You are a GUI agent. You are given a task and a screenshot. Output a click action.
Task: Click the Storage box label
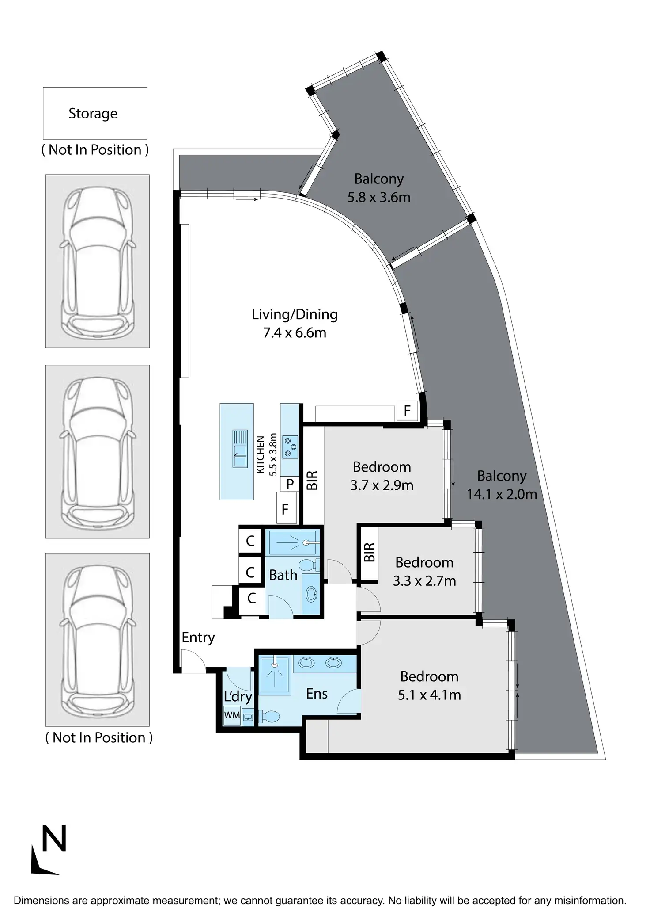[93, 114]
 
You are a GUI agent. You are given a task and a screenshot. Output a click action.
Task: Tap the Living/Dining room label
[295, 314]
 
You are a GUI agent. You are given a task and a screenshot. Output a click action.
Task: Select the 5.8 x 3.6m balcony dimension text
[379, 197]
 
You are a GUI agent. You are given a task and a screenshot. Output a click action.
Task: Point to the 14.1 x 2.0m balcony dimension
[502, 494]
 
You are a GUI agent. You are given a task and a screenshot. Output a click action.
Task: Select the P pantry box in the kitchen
[290, 484]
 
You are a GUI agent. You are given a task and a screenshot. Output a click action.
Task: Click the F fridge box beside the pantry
[285, 510]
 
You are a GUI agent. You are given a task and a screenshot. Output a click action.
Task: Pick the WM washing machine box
[232, 715]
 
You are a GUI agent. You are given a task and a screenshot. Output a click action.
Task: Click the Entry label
[198, 638]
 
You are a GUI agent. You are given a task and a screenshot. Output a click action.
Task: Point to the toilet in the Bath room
[307, 565]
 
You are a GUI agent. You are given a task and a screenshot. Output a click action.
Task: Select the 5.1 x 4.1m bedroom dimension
[429, 695]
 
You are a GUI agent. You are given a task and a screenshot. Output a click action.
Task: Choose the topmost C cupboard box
[250, 541]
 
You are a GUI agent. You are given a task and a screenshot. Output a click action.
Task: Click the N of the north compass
[54, 838]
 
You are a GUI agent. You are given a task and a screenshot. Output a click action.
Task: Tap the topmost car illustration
[97, 261]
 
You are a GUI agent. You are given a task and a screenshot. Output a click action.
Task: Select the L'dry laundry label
[238, 697]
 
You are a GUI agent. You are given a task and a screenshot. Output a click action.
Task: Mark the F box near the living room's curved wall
[407, 411]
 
